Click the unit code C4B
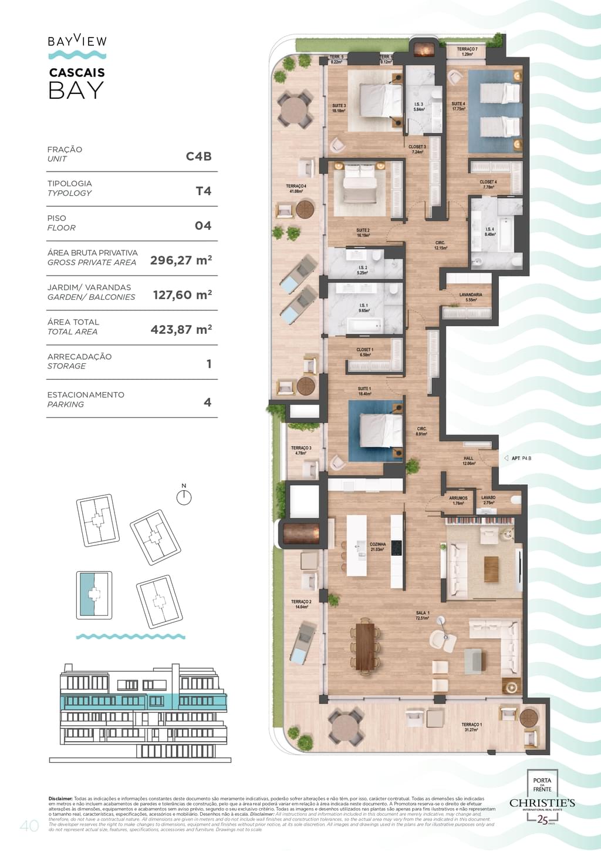[x=198, y=156]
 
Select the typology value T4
[x=203, y=191]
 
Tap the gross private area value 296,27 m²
[x=181, y=260]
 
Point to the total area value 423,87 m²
[x=181, y=330]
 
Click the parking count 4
[x=207, y=403]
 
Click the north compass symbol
[x=184, y=497]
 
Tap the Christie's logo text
[x=542, y=803]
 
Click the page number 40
[x=29, y=826]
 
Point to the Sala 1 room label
[x=423, y=615]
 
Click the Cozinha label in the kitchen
[x=377, y=547]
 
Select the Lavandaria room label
[x=471, y=297]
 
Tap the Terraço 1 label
[x=471, y=727]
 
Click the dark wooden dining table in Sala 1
[x=365, y=645]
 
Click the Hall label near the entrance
[x=468, y=461]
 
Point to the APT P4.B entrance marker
[x=520, y=458]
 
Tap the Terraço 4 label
[x=296, y=188]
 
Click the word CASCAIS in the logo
[x=77, y=73]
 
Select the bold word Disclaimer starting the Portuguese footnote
[x=60, y=799]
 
